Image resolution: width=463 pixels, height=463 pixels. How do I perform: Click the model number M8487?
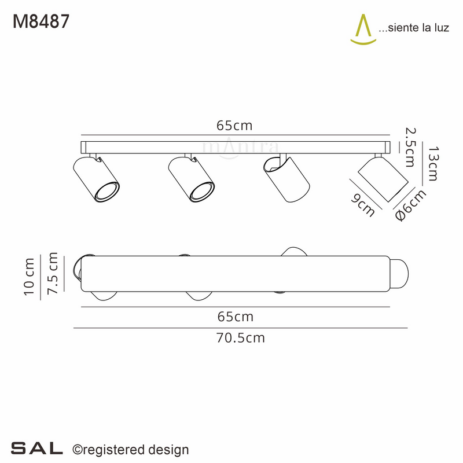tap(41, 21)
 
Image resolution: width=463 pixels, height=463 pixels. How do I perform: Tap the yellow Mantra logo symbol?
tap(362, 29)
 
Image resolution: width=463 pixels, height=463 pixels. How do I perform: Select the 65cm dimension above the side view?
tap(234, 126)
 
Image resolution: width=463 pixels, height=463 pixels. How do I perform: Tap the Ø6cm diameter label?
tap(410, 205)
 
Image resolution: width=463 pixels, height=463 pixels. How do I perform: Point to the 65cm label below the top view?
tap(235, 317)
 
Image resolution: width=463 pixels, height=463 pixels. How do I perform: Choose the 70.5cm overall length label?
tap(240, 338)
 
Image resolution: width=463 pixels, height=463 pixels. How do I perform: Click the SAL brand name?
tap(36, 448)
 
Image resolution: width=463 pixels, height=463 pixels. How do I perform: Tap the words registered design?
tap(135, 449)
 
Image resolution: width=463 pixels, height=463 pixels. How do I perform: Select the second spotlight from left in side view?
tap(192, 180)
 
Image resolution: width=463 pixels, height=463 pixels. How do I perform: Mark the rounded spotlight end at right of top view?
tap(399, 274)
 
